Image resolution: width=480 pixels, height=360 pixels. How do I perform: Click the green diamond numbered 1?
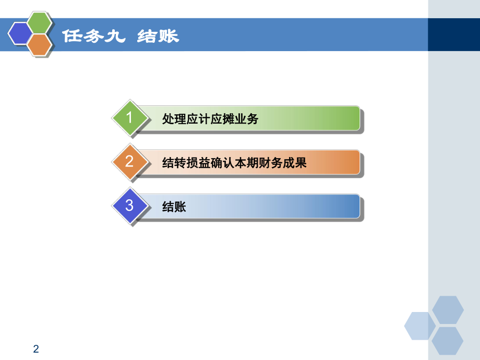129,118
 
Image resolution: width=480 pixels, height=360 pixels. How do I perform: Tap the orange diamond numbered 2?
129,162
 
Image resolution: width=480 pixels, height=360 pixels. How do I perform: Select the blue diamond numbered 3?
129,206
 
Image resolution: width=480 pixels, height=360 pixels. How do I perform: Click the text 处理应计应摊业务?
210,119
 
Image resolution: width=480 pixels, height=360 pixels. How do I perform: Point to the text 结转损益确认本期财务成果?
234,163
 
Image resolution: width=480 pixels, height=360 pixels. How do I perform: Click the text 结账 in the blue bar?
174,207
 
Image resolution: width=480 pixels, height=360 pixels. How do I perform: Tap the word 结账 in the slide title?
158,36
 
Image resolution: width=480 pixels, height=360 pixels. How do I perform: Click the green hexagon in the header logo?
39,23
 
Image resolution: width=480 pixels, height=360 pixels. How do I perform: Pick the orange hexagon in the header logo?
39,45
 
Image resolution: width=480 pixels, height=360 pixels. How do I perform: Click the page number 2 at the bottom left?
36,349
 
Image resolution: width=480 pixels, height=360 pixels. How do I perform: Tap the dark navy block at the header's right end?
453,34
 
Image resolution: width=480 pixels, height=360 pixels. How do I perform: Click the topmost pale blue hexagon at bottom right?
448,309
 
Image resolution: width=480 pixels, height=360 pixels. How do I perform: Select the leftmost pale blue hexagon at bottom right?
419,326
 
